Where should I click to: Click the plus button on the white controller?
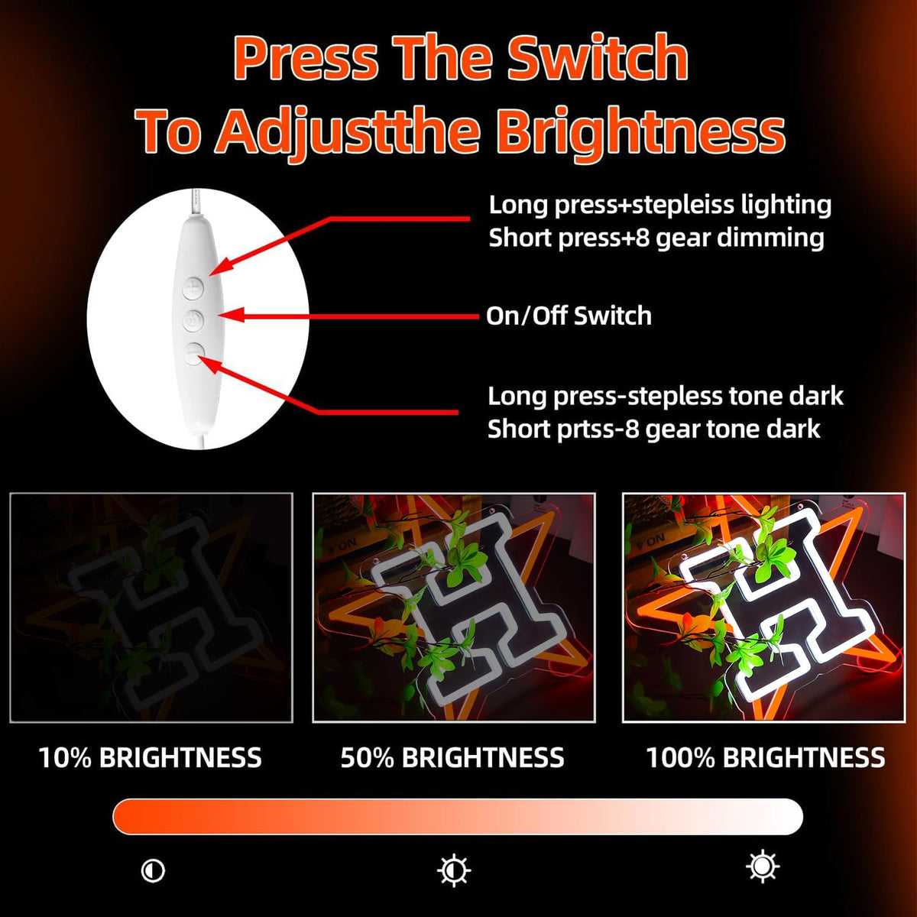coord(193,288)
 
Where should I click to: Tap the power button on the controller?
coord(193,321)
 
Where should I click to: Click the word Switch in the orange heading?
coord(598,58)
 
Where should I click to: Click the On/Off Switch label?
coord(569,316)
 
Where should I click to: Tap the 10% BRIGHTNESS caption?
coord(151,757)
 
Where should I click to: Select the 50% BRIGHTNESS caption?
coord(452,757)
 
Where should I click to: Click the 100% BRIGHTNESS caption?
coord(766,757)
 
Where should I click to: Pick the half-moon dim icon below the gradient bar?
coord(154,871)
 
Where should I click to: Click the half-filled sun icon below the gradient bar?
coord(454,870)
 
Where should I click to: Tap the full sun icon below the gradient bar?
coord(763,867)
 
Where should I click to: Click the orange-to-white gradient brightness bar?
coord(458,817)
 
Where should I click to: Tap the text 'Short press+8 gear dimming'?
coord(656,238)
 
